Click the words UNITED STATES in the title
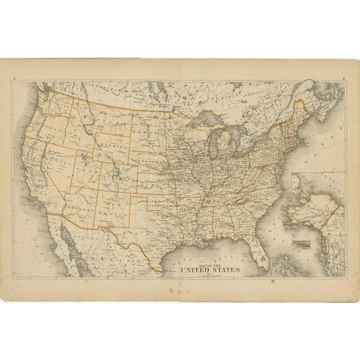point(210,270)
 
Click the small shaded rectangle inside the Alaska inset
point(303,244)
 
